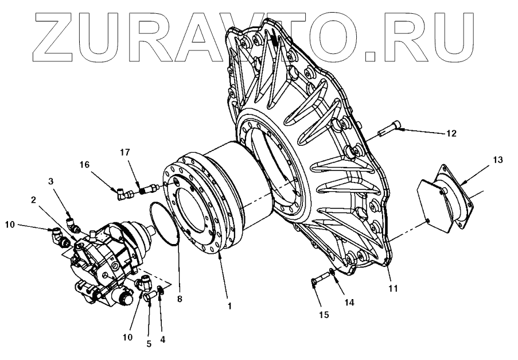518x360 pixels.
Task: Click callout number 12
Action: [451, 133]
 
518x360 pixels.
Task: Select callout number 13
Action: [497, 160]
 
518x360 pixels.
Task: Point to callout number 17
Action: [125, 152]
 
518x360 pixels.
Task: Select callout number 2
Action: [34, 200]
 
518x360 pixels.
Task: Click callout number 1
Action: [229, 306]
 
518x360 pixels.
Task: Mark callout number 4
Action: [163, 339]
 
